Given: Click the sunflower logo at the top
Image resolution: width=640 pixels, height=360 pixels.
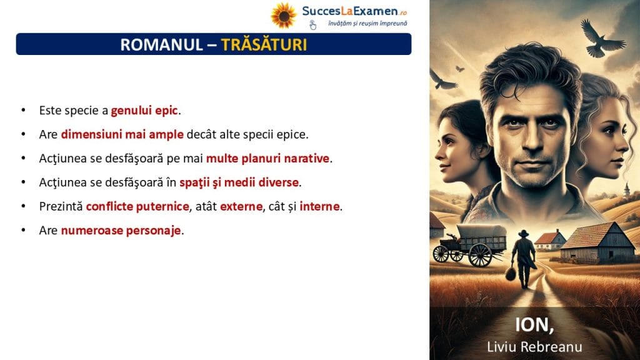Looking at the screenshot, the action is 283,16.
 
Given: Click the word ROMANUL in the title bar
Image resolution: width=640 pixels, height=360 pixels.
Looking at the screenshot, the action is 161,44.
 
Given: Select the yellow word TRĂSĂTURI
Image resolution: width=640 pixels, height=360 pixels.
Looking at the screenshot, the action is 264,44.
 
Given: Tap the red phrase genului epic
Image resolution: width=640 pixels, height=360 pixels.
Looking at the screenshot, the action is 144,110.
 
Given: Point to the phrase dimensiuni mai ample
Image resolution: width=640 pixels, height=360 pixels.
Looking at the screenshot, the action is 122,134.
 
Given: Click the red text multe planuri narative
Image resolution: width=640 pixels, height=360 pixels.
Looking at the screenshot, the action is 267,158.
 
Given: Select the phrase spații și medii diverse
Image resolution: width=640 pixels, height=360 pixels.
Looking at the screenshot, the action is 239,182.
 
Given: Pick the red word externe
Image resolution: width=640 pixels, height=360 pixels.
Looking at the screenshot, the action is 241,206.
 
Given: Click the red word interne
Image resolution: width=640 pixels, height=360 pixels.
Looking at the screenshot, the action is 319,206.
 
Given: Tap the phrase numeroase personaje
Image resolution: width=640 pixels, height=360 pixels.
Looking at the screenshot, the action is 121,231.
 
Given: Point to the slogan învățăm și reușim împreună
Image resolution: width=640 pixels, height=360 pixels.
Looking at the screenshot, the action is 367,24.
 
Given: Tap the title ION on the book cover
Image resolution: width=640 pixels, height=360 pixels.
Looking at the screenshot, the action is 534,325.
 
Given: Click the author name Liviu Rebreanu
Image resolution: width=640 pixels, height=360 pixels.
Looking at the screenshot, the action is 534,347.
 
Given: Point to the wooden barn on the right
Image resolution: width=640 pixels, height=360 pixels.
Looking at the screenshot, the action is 597,243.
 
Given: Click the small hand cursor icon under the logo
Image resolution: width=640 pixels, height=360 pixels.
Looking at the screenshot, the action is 312,25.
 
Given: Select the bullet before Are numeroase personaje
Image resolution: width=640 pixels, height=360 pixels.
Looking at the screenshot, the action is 23,230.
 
